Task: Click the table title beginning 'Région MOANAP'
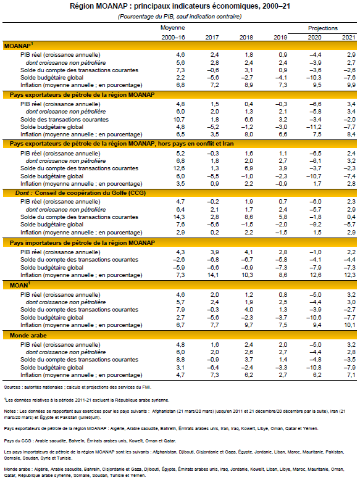click(180, 6)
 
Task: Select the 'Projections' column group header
click(322, 28)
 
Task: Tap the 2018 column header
click(245, 38)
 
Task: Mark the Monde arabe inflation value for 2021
click(349, 374)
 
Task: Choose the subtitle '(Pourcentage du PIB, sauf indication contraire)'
click(180, 16)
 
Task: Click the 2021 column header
click(349, 38)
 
